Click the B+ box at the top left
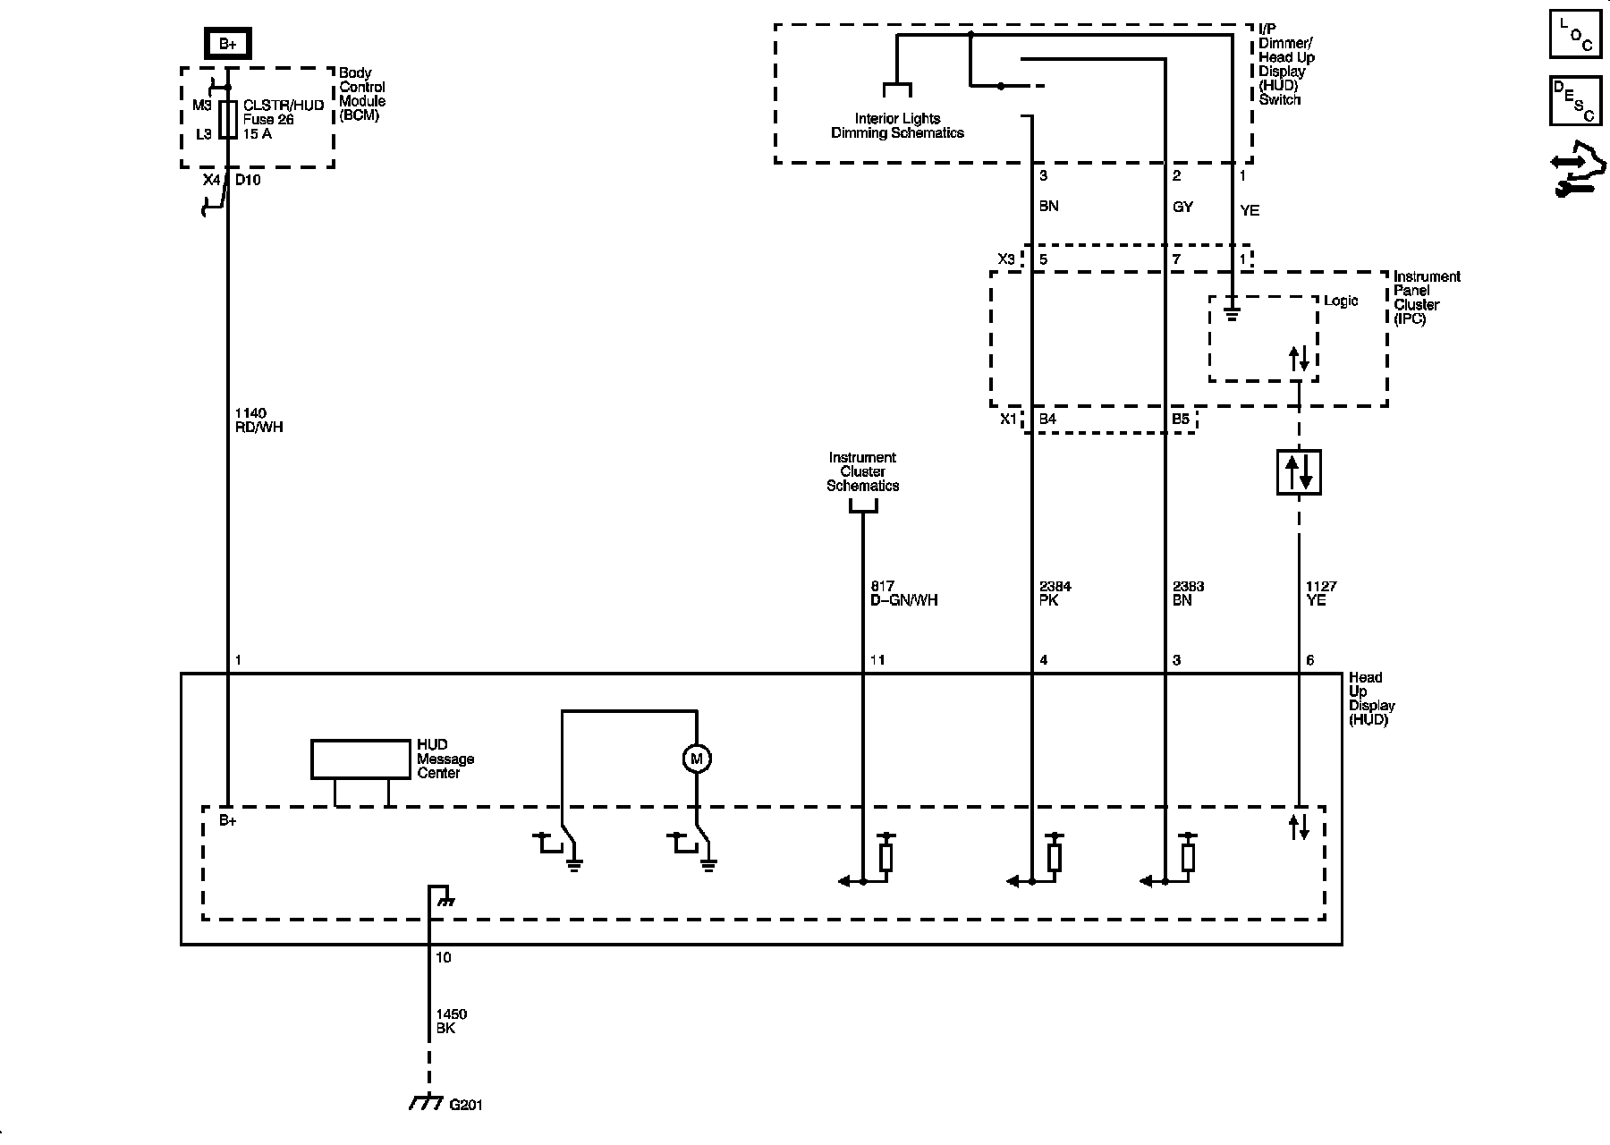coord(228,43)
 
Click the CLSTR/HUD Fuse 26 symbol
coord(228,120)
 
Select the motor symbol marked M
coord(696,759)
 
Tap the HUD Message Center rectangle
coord(360,759)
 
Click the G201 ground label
coord(465,1105)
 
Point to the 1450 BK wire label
coord(451,1022)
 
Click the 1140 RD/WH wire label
coord(258,420)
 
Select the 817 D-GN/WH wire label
coord(903,593)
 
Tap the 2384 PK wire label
coord(1055,593)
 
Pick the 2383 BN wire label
coord(1188,593)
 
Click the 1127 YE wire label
coord(1321,593)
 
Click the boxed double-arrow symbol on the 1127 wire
coord(1298,471)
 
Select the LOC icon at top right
coord(1575,35)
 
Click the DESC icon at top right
coord(1575,101)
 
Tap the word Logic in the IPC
coord(1341,301)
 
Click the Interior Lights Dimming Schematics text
coord(897,126)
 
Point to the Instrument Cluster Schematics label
coord(862,471)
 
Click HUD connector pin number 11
coord(877,660)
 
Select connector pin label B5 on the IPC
coord(1181,419)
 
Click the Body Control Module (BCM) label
coord(362,94)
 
